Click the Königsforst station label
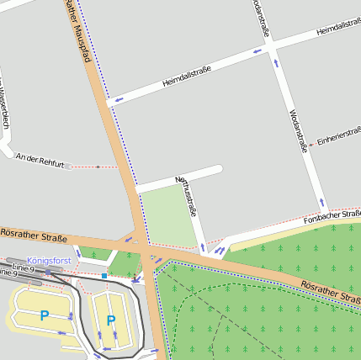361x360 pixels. click(x=49, y=261)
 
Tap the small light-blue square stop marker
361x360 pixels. click(x=104, y=275)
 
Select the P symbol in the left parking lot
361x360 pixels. click(x=44, y=315)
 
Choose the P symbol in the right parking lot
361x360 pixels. click(x=110, y=320)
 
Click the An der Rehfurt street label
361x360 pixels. click(x=40, y=157)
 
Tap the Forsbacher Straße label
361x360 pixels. click(x=332, y=216)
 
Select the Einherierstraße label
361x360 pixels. click(x=338, y=136)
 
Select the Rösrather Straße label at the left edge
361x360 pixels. click(x=34, y=236)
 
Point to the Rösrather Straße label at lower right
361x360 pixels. click(x=330, y=293)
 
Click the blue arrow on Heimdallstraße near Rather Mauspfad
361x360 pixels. click(x=119, y=99)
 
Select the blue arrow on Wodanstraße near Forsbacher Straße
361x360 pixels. click(x=321, y=202)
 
